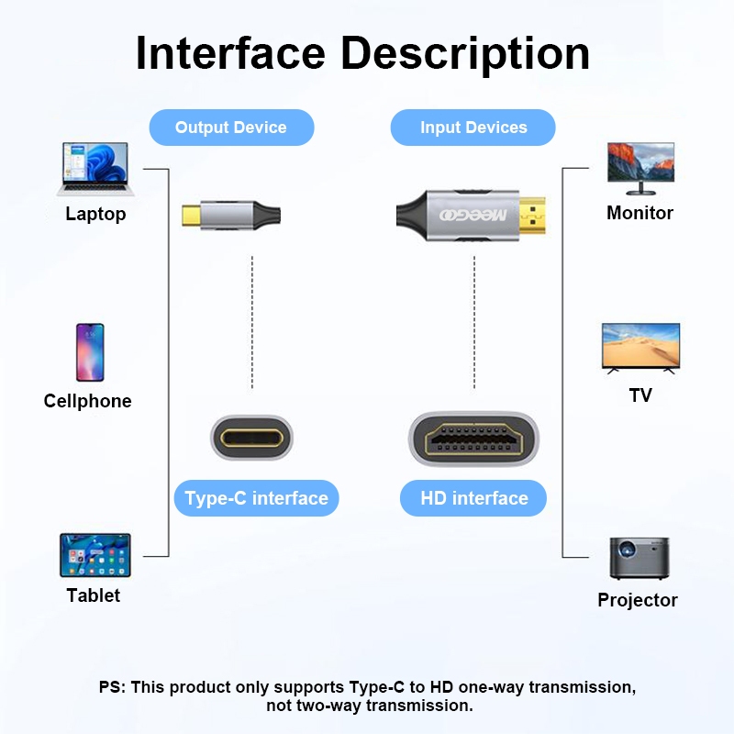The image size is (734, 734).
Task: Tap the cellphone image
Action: (90, 351)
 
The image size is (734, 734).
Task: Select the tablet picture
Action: (95, 555)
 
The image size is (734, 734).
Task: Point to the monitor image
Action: (640, 168)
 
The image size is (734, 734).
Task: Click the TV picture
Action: (640, 347)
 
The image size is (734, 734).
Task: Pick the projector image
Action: (639, 558)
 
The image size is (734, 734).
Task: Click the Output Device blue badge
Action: (231, 128)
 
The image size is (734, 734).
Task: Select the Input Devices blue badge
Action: (473, 128)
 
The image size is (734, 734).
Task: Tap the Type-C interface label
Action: (256, 498)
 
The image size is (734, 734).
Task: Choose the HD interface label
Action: (473, 498)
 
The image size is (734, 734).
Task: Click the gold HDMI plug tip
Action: (530, 217)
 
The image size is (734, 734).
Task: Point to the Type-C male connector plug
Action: (192, 217)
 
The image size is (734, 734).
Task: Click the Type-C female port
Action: (251, 438)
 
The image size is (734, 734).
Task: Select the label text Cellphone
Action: (88, 401)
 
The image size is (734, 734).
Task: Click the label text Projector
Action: (638, 600)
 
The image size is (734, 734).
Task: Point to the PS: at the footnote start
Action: (113, 687)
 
